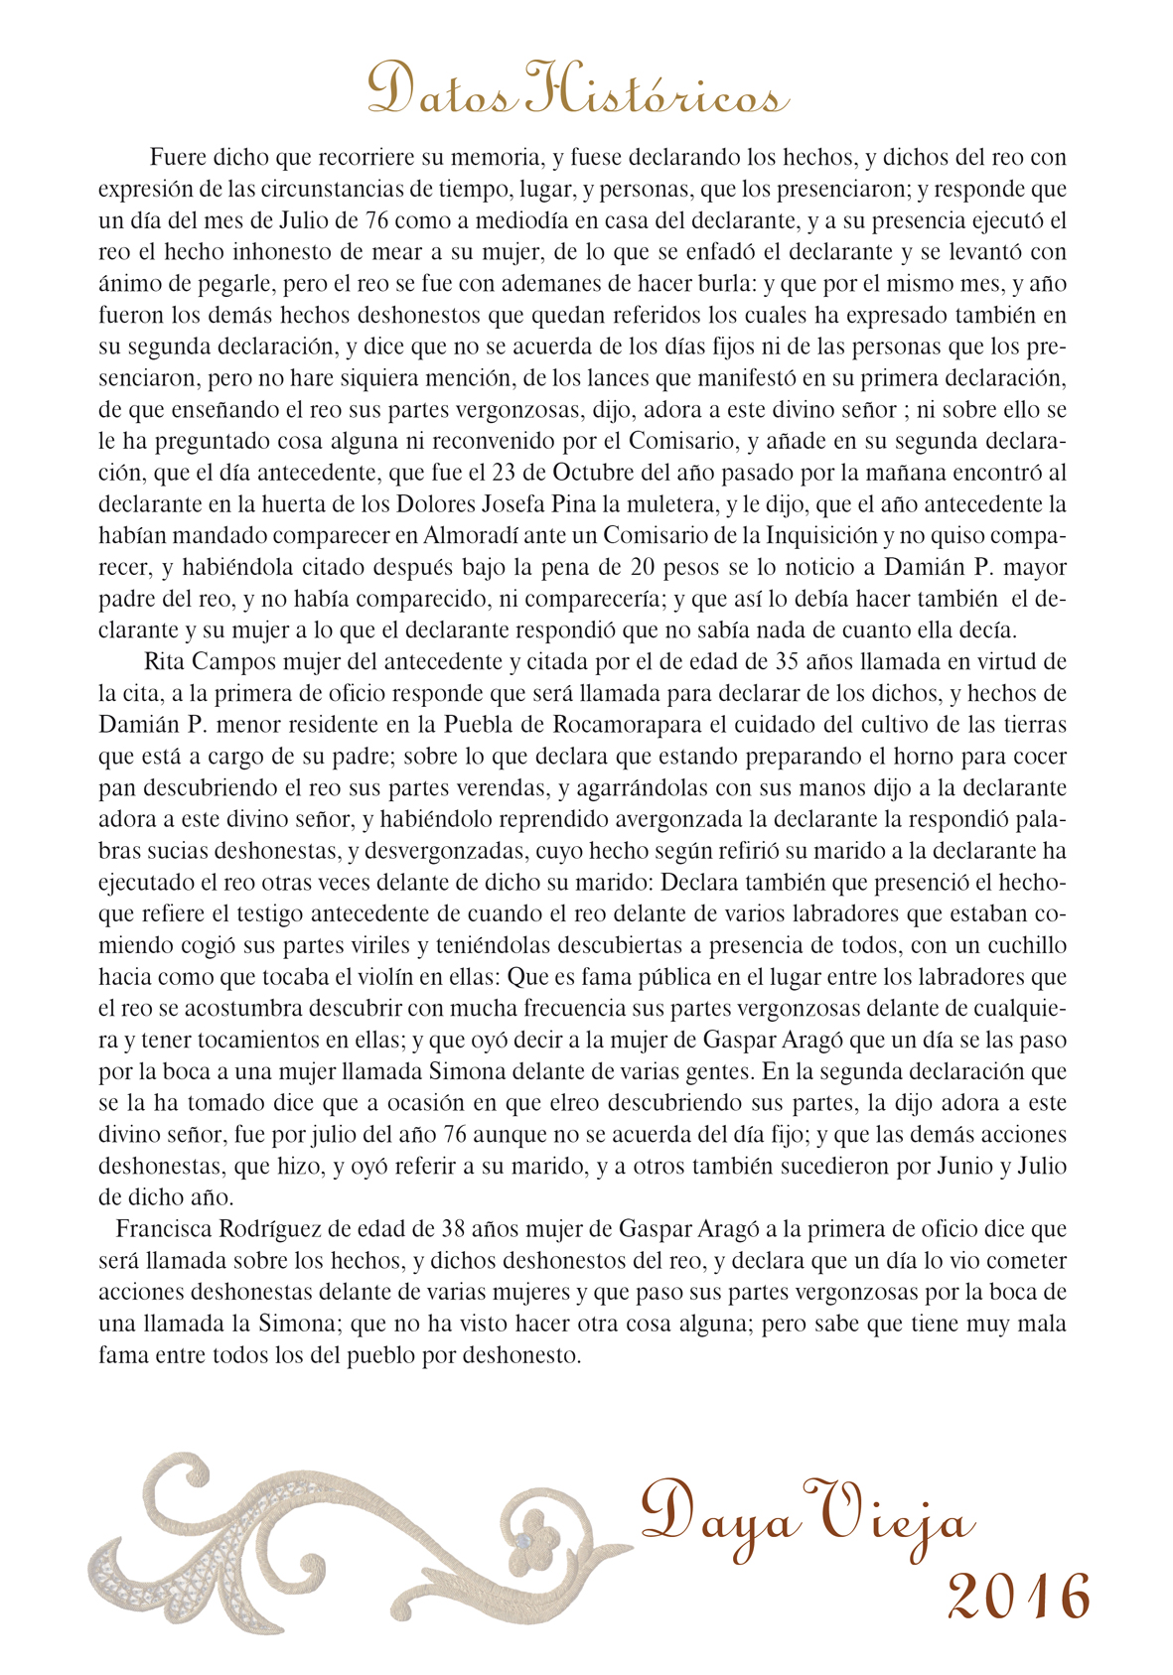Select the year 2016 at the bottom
pyautogui.click(x=1018, y=1597)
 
